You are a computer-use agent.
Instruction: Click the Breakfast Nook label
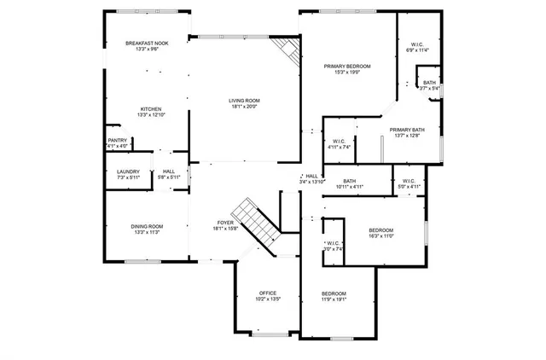(x=148, y=44)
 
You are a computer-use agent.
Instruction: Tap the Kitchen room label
(x=151, y=109)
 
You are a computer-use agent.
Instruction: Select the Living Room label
(x=244, y=101)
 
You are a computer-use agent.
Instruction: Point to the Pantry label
(x=117, y=141)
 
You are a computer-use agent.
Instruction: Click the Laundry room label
(x=128, y=171)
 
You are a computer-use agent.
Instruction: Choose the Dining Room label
(x=147, y=226)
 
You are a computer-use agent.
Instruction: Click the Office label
(x=267, y=293)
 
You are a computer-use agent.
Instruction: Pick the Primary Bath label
(x=407, y=130)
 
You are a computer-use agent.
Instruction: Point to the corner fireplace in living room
(x=290, y=53)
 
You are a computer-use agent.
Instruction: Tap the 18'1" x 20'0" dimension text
(x=244, y=107)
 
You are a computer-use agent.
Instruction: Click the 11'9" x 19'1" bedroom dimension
(x=334, y=300)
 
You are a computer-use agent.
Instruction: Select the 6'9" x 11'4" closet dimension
(x=417, y=51)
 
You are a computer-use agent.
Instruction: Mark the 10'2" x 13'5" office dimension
(x=267, y=300)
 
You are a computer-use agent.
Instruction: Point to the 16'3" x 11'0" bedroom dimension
(x=380, y=236)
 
